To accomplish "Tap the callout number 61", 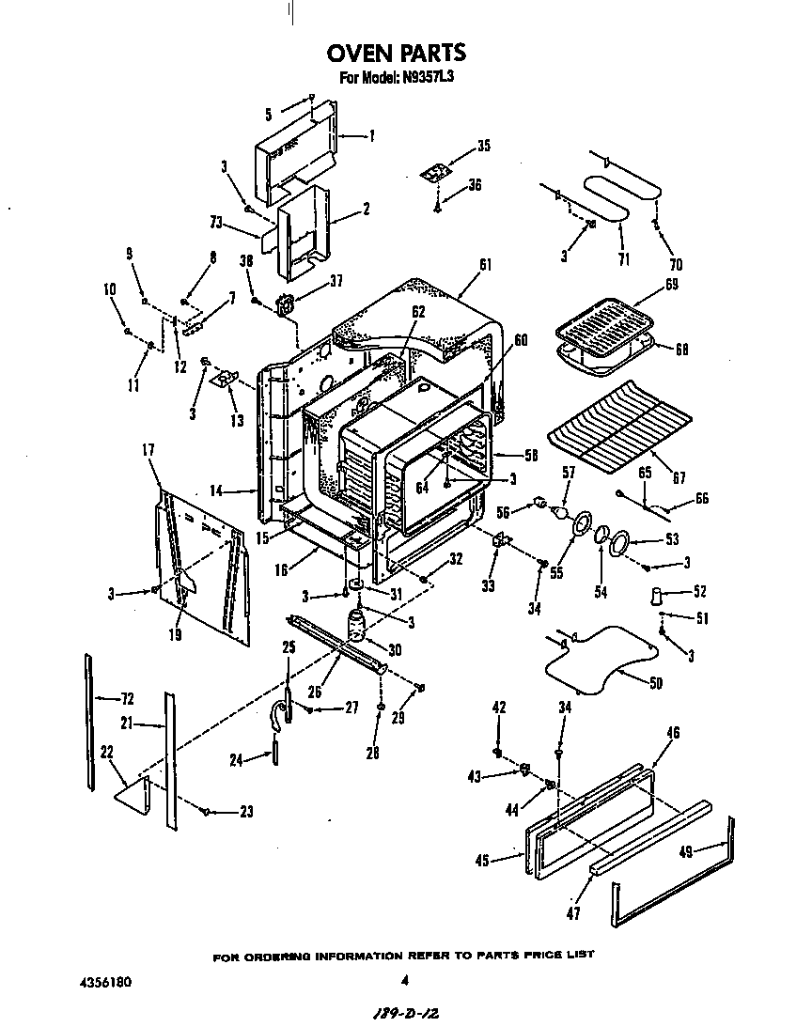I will coord(485,265).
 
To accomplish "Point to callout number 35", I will coord(484,146).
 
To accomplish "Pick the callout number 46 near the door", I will coord(673,732).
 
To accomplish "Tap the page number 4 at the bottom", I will coord(404,981).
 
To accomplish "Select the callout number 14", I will coord(215,490).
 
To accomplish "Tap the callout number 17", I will coord(148,450).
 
